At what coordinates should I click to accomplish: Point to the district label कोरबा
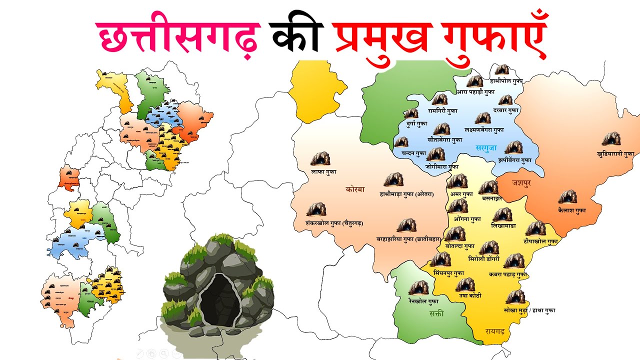coord(355,189)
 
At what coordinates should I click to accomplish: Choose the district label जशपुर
coord(521,183)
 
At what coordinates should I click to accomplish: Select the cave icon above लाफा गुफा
coord(320,159)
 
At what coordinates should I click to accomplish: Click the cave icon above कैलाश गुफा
coord(567,197)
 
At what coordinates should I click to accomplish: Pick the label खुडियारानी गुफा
coord(615,154)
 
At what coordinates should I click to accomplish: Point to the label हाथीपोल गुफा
coord(506,81)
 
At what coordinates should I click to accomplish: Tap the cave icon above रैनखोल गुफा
coord(418,288)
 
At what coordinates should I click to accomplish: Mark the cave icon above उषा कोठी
coord(465,284)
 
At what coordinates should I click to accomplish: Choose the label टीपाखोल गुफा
coord(540,241)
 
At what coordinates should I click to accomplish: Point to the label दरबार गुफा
coord(506,110)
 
